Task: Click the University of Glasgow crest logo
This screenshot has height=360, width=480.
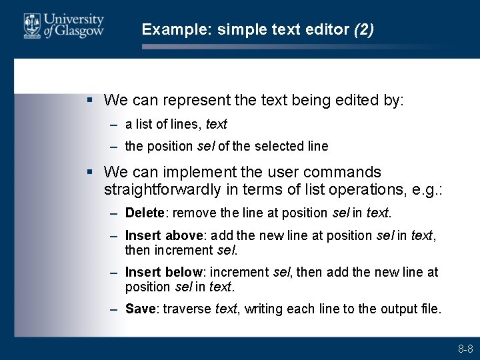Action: [31, 26]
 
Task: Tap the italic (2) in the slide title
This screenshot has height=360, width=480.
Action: [364, 29]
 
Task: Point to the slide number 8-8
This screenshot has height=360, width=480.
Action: [465, 349]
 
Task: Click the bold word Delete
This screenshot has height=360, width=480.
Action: [144, 213]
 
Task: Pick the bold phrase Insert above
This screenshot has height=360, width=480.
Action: [165, 235]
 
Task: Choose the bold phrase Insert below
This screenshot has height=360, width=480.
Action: [164, 272]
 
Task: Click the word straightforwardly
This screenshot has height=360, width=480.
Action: [163, 190]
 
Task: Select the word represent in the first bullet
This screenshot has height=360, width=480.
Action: [193, 101]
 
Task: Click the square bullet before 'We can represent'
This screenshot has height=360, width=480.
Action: [89, 100]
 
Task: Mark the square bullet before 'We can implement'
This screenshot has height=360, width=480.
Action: [89, 173]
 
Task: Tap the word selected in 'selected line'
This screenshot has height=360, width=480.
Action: [275, 146]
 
